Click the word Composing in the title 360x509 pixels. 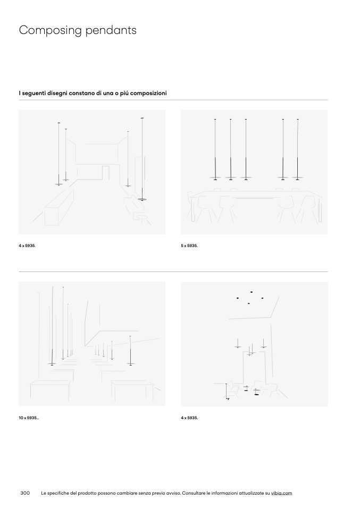(50, 31)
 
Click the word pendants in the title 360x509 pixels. (111, 30)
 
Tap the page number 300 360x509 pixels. (25, 493)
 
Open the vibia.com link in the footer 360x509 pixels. (281, 493)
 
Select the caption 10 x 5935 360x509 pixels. (29, 418)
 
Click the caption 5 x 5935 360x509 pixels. (189, 246)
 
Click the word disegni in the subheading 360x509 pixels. (58, 93)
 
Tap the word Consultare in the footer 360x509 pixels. (194, 493)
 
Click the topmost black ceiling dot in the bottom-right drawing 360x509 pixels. (252, 292)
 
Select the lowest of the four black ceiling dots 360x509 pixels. (248, 303)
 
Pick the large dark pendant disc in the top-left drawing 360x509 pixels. (142, 199)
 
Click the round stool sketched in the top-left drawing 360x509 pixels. (142, 217)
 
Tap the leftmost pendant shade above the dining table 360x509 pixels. (215, 177)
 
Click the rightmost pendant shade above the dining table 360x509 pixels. (298, 177)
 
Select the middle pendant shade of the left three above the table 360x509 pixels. (231, 177)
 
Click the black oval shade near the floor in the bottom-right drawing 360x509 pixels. (257, 395)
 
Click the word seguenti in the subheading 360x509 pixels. (34, 93)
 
